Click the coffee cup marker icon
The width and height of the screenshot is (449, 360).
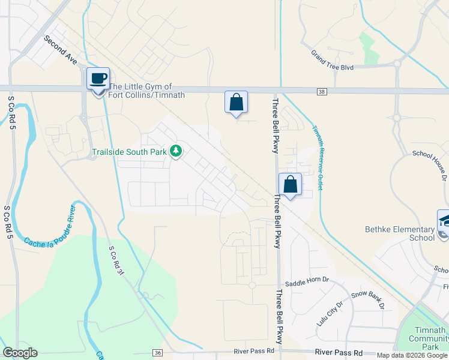(x=98, y=79)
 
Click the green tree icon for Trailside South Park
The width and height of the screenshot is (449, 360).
(x=176, y=151)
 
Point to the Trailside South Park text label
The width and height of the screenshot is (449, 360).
(x=129, y=152)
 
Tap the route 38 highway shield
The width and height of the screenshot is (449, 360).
(x=322, y=91)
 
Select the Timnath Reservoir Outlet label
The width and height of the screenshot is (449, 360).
(x=316, y=158)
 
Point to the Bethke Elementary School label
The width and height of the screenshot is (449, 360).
(x=400, y=233)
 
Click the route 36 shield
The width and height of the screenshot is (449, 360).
(x=158, y=352)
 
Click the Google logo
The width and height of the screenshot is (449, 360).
(x=20, y=353)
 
